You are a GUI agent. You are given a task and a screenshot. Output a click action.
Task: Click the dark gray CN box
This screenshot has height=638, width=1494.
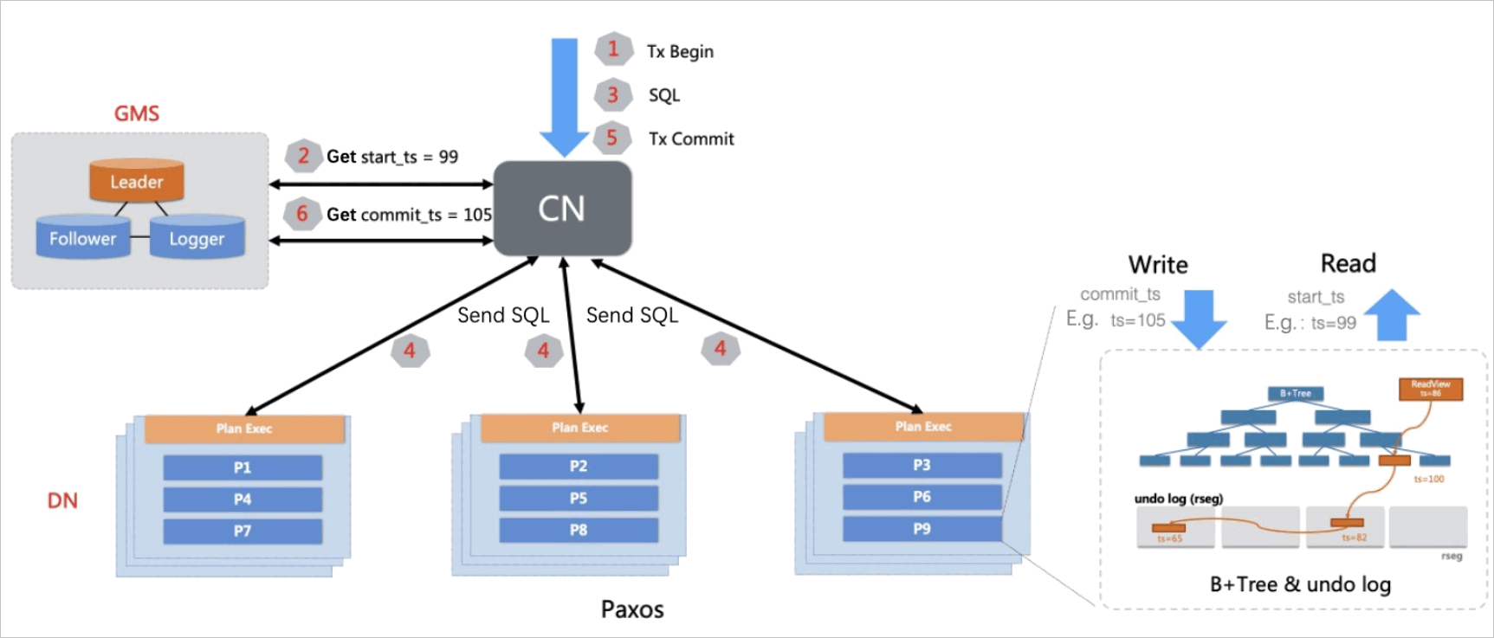click(x=562, y=209)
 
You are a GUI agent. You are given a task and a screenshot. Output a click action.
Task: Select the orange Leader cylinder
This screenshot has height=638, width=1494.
click(x=136, y=181)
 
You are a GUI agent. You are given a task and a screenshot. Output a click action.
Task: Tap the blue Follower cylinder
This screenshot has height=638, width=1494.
click(x=82, y=238)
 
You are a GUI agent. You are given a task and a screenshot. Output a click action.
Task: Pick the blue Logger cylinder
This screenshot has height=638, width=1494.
click(x=197, y=238)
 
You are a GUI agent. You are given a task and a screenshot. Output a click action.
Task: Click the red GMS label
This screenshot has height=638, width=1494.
click(x=137, y=113)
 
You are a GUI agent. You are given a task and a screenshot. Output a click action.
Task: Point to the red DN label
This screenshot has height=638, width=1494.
click(x=62, y=500)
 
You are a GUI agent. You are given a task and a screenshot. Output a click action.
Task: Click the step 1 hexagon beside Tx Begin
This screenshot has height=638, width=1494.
click(x=613, y=49)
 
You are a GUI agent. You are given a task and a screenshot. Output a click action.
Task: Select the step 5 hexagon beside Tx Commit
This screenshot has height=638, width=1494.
click(x=612, y=138)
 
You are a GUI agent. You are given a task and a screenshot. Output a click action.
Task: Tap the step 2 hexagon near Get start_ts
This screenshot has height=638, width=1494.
click(x=303, y=156)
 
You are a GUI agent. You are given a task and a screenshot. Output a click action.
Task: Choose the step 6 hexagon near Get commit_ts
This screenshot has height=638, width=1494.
click(x=302, y=213)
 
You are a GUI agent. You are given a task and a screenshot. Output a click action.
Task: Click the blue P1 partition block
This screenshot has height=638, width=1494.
click(x=243, y=467)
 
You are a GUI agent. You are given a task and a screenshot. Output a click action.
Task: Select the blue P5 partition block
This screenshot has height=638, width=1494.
click(x=579, y=498)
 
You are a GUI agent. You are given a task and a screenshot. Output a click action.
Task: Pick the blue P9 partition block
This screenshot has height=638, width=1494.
click(x=922, y=528)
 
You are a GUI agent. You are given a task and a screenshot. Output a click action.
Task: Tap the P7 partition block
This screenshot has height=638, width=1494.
click(x=243, y=531)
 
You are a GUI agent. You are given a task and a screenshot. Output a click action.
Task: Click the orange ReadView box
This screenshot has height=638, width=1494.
click(x=1431, y=389)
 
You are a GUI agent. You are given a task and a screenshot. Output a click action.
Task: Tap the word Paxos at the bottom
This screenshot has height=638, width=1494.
click(x=632, y=609)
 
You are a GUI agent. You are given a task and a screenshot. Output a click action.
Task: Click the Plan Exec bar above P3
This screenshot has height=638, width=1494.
click(x=923, y=427)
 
